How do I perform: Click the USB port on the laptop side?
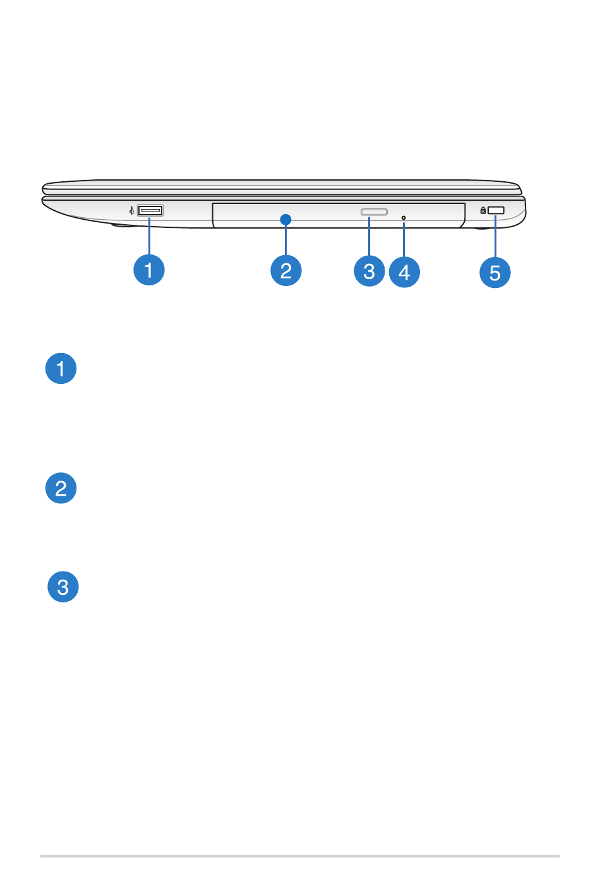click(x=150, y=210)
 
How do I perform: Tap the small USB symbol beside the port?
click(x=131, y=210)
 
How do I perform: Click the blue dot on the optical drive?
click(x=286, y=219)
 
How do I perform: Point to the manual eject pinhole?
click(x=404, y=218)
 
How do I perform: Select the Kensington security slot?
click(x=496, y=210)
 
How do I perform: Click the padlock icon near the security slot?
click(x=483, y=210)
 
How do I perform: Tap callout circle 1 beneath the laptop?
click(x=149, y=270)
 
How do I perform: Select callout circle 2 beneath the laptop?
click(x=286, y=270)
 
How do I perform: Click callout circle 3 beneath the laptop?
click(x=369, y=271)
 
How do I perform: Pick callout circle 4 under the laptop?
click(x=404, y=272)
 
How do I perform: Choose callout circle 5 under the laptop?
click(x=495, y=273)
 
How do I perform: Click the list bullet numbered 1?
click(x=61, y=369)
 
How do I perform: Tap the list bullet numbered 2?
click(x=61, y=488)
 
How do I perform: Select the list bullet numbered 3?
click(x=63, y=587)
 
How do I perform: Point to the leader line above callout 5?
click(x=496, y=237)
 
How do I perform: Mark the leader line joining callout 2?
click(x=286, y=240)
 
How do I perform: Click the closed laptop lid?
click(x=281, y=188)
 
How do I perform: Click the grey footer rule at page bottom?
click(x=300, y=856)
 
